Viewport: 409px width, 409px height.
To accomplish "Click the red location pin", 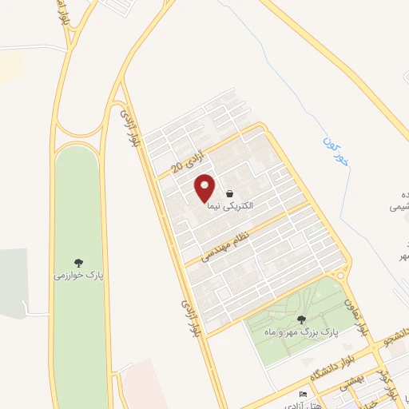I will (x=205, y=189).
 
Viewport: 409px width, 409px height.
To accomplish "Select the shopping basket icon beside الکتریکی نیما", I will (x=230, y=193).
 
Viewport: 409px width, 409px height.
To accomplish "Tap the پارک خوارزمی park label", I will (x=79, y=274).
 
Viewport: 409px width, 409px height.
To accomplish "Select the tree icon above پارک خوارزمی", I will (x=79, y=261).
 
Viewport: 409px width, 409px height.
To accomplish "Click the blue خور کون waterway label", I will (x=333, y=155).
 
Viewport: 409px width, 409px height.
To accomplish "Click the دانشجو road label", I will (x=397, y=336).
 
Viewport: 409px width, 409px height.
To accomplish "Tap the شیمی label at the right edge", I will (x=399, y=206).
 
